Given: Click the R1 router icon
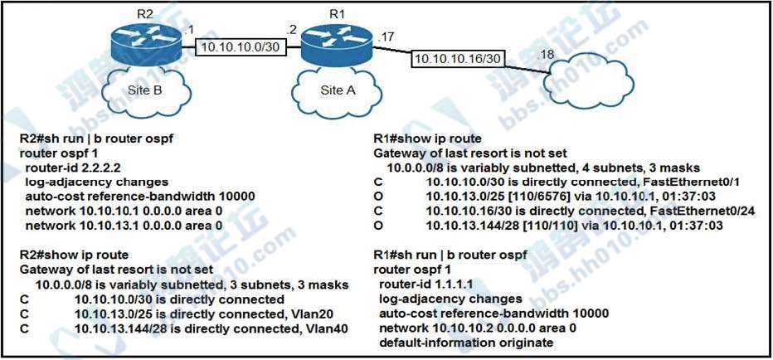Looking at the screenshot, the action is click(x=338, y=43).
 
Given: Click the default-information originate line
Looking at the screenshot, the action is click(x=466, y=342).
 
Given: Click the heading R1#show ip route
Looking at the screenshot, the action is click(x=428, y=138).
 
